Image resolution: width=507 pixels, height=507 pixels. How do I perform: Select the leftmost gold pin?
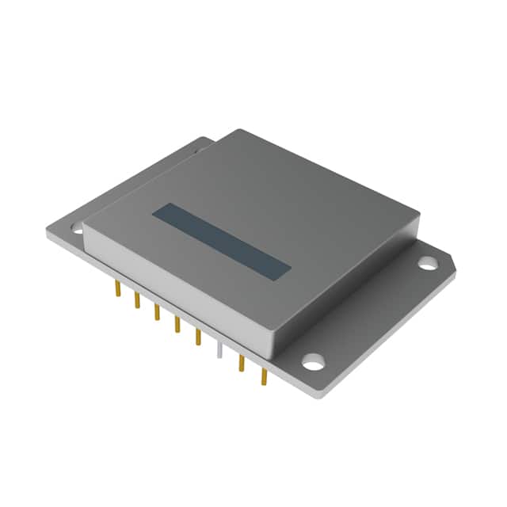click(116, 288)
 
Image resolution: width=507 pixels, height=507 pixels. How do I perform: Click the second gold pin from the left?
click(136, 302)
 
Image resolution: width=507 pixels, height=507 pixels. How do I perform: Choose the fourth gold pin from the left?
click(177, 326)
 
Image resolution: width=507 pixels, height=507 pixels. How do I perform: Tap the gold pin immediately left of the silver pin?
click(198, 340)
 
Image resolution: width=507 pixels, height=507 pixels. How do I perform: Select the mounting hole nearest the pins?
click(314, 363)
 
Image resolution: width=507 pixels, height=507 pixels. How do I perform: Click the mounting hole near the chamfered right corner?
click(428, 261)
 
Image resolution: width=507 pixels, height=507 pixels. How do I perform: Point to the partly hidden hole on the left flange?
click(78, 227)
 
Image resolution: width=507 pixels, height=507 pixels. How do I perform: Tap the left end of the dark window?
click(158, 212)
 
